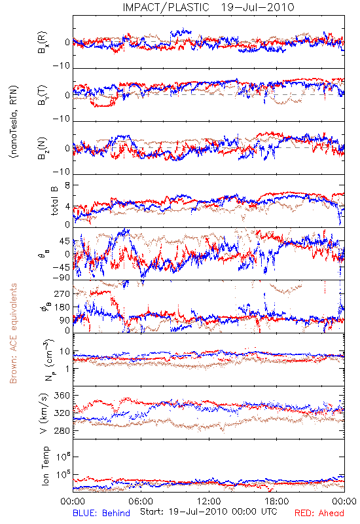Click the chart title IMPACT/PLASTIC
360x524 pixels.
click(x=166, y=7)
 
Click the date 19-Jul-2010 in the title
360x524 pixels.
click(x=258, y=7)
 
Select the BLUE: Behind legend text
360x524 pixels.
click(x=101, y=513)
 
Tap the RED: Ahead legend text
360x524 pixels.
click(x=319, y=513)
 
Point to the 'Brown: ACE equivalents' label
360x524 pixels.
click(x=13, y=333)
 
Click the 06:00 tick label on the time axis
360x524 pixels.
click(x=141, y=501)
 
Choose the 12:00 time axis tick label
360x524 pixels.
click(x=209, y=501)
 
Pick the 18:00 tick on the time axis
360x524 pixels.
click(x=277, y=501)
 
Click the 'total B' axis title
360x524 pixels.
click(x=54, y=201)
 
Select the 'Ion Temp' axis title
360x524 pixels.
click(x=45, y=466)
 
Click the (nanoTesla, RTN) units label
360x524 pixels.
click(x=14, y=122)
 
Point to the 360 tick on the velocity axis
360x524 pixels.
click(x=62, y=396)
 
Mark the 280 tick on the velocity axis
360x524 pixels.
click(x=62, y=431)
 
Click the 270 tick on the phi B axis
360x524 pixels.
click(x=62, y=293)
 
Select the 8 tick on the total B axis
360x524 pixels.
click(x=67, y=185)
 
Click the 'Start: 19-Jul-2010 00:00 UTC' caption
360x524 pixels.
click(x=209, y=512)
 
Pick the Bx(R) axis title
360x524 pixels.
click(x=43, y=43)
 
